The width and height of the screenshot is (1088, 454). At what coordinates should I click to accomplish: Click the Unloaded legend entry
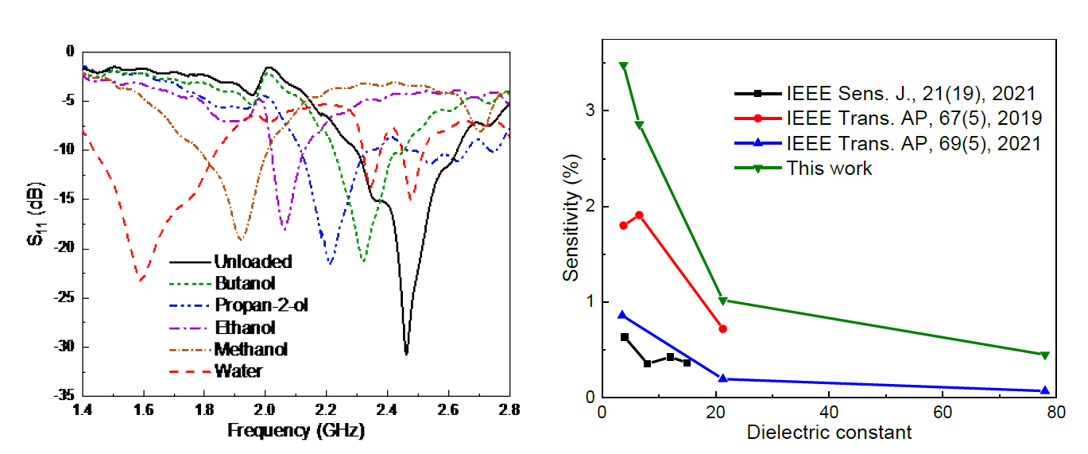tap(253, 262)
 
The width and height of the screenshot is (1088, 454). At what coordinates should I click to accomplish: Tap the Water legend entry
tap(238, 371)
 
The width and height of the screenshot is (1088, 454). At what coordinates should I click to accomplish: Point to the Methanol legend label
tap(250, 349)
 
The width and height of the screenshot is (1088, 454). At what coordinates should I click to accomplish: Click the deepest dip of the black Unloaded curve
tap(406, 354)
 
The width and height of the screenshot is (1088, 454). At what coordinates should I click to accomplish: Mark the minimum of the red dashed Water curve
tap(140, 281)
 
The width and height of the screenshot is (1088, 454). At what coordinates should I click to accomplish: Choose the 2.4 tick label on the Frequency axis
tap(387, 410)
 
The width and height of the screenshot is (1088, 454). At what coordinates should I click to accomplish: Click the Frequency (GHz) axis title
tap(296, 432)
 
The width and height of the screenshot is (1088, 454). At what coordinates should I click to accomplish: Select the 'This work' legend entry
tap(829, 169)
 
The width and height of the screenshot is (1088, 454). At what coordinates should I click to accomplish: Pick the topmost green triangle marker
tap(624, 66)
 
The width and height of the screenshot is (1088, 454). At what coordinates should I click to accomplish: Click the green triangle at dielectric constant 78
tap(1044, 355)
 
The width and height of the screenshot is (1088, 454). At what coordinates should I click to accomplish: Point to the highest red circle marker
tap(639, 215)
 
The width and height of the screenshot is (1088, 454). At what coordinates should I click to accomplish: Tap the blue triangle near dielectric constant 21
tap(722, 378)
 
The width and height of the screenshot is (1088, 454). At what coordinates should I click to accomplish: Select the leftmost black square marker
tap(625, 337)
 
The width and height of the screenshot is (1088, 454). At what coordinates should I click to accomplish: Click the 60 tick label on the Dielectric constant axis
tap(943, 413)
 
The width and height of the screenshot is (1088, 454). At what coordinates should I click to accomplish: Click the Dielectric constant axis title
tap(830, 433)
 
